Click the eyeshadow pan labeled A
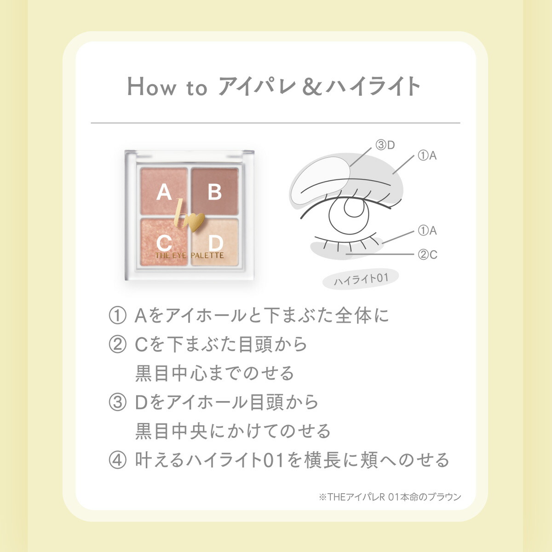point(164,191)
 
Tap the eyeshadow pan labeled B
point(215,191)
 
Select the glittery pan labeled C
point(164,242)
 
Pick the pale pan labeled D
point(215,242)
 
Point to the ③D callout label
point(385,145)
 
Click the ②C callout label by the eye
point(427,254)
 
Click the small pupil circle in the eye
point(354,207)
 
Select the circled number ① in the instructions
point(117,316)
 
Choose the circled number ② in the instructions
point(117,345)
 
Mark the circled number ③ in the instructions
point(117,402)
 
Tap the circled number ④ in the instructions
point(117,460)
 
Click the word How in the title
point(151,86)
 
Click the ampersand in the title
point(312,86)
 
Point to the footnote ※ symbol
point(323,497)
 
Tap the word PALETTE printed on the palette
point(207,255)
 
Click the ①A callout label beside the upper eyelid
point(427,155)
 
